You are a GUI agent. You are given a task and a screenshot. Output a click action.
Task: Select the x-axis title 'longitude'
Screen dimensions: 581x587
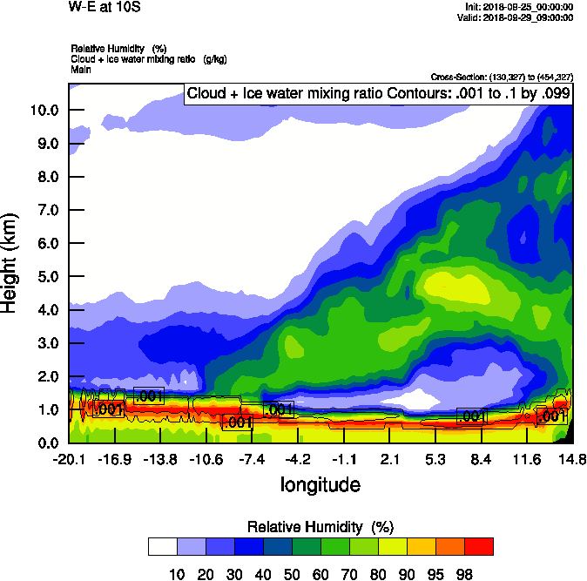point(320,483)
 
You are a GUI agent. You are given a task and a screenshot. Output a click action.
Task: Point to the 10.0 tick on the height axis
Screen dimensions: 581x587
point(44,111)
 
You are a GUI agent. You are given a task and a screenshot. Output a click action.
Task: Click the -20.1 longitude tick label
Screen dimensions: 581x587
point(69,459)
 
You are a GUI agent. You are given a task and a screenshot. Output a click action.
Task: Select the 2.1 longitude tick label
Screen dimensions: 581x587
point(390,459)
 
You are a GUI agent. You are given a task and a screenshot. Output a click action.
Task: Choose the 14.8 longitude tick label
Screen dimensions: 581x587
point(572,459)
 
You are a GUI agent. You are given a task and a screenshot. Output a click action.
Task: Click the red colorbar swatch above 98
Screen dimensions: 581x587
point(478,547)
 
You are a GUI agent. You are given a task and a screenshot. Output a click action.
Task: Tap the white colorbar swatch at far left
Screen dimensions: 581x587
point(163,547)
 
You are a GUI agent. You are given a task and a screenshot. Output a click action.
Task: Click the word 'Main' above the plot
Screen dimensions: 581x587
point(81,67)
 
